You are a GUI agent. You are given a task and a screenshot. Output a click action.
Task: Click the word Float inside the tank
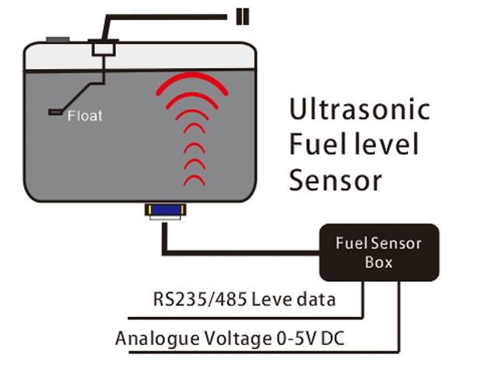85,117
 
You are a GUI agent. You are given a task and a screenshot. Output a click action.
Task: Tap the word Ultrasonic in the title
359,109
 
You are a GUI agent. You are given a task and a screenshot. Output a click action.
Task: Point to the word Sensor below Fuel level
335,180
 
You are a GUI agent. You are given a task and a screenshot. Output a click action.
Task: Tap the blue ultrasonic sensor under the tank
165,211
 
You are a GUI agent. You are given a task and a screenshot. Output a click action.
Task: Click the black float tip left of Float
55,113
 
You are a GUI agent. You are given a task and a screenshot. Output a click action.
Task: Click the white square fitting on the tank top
104,49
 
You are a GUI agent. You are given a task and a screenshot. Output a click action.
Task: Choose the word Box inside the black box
379,262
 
